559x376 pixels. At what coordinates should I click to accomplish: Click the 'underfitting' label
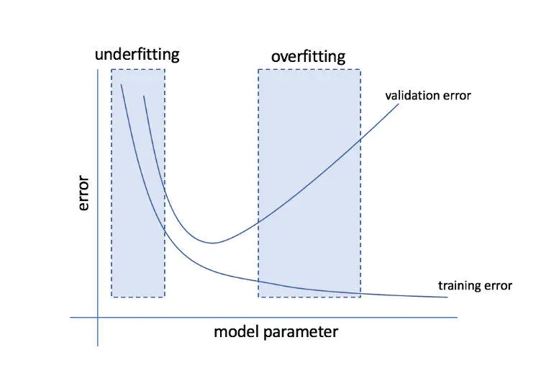click(137, 54)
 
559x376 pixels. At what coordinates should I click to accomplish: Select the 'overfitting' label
click(308, 56)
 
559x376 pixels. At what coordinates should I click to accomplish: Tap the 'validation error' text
click(428, 95)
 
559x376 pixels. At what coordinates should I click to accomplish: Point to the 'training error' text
click(475, 286)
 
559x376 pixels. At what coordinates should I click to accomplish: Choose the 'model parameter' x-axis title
click(276, 332)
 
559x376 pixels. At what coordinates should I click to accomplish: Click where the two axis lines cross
click(97, 317)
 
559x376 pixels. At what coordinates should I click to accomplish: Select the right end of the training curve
click(447, 297)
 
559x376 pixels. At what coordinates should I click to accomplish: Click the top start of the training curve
click(122, 85)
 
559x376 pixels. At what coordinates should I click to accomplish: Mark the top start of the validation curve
click(145, 96)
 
